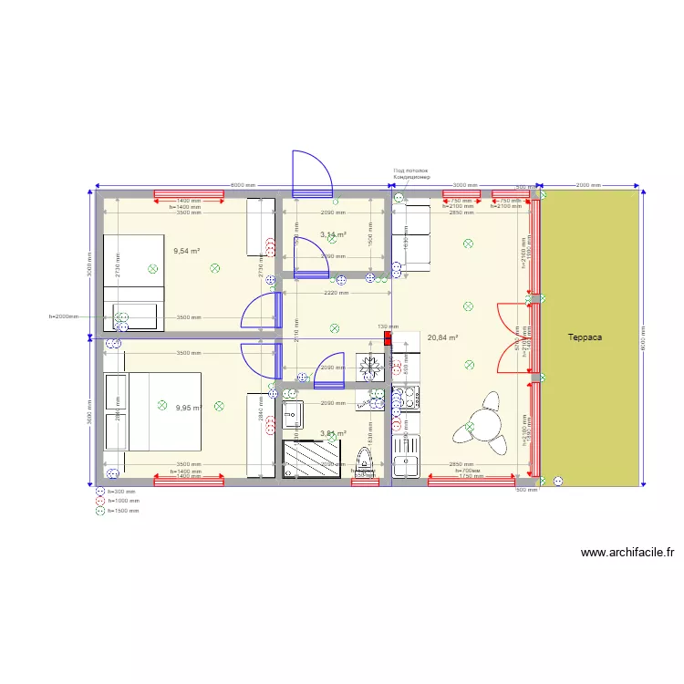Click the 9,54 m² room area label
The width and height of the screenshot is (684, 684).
point(187,250)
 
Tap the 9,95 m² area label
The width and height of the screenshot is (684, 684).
point(189,409)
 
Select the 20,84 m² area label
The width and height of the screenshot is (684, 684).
point(442,337)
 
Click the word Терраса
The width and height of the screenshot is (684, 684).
point(586,337)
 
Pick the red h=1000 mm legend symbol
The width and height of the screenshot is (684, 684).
point(100,501)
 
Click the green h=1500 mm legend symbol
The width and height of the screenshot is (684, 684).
point(100,511)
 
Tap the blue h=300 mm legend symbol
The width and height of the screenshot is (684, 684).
point(100,491)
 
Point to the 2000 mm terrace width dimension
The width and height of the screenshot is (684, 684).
point(588,185)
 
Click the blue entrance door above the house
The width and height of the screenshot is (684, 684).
point(312,173)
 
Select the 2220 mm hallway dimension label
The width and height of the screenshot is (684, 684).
point(336,294)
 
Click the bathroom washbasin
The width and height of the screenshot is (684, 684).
point(293,415)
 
